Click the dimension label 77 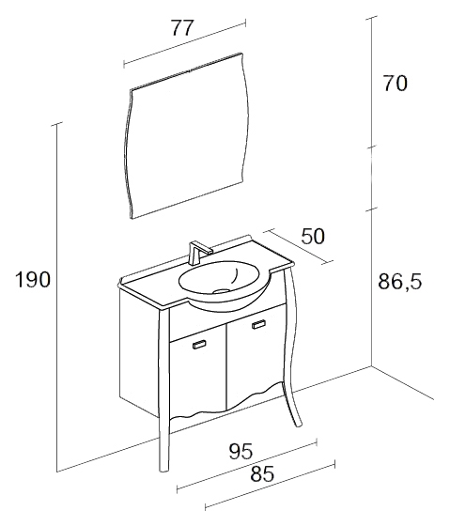[x=183, y=27]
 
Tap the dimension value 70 [x=396, y=84]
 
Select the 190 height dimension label [x=33, y=280]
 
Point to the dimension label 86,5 [x=399, y=281]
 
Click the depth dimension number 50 [x=313, y=236]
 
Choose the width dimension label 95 [x=241, y=451]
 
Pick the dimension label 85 [x=262, y=474]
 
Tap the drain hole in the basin [x=222, y=290]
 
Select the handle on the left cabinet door [x=199, y=345]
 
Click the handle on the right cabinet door [x=258, y=324]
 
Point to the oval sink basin [x=220, y=277]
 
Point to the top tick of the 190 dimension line [x=57, y=124]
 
